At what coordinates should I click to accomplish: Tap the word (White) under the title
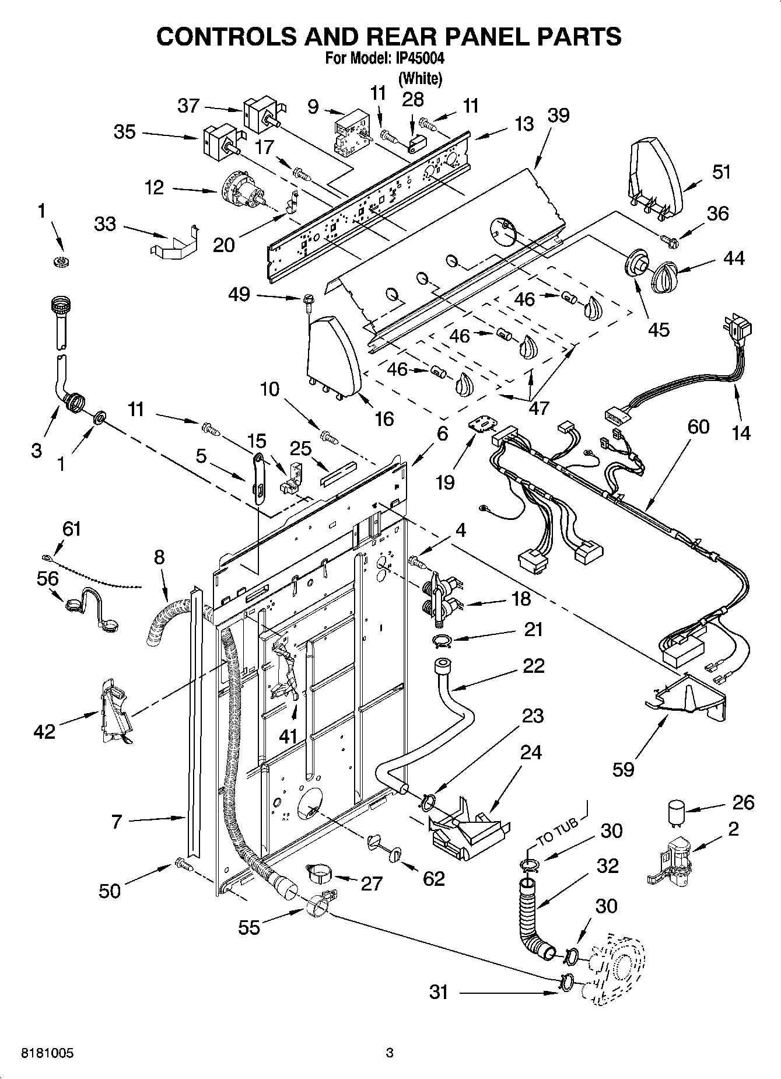click(419, 78)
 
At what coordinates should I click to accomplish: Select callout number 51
click(722, 173)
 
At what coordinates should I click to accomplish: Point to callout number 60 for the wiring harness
click(698, 427)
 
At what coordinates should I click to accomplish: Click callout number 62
click(433, 879)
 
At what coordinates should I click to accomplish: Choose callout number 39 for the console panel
click(558, 115)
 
